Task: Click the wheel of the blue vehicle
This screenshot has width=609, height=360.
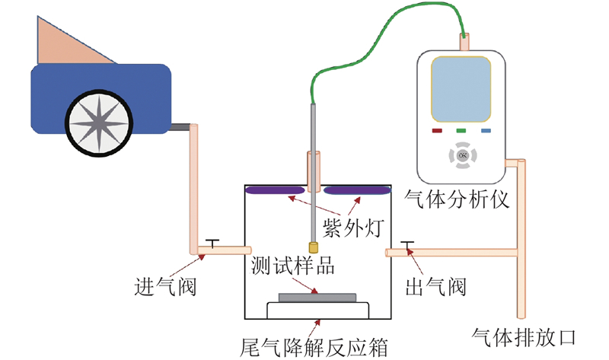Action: pos(99,123)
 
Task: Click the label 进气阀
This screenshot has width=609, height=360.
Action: pos(165,287)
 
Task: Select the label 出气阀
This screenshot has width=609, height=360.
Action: pos(435,287)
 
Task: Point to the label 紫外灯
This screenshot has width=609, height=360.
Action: pos(353,228)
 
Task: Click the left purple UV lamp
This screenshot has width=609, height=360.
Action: pos(275,190)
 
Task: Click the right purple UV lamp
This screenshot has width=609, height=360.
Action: pos(357,190)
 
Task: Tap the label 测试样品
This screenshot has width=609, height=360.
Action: pos(292,266)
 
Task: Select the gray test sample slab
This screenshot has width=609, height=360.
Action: pos(317,298)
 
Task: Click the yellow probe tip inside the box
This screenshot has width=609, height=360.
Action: pos(314,247)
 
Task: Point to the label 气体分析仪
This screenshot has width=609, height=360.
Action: pos(456,199)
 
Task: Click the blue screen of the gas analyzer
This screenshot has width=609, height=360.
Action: pos(461,89)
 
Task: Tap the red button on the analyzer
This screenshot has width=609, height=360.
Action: pos(437,131)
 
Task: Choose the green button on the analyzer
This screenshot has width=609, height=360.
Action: pos(461,131)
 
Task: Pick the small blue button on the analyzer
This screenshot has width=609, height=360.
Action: pos(486,131)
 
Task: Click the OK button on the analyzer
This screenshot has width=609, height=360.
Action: pos(463,156)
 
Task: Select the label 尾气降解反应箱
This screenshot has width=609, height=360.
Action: pos(314,347)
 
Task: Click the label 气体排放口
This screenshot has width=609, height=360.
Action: pos(523,337)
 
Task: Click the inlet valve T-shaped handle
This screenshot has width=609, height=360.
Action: pos(212,243)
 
